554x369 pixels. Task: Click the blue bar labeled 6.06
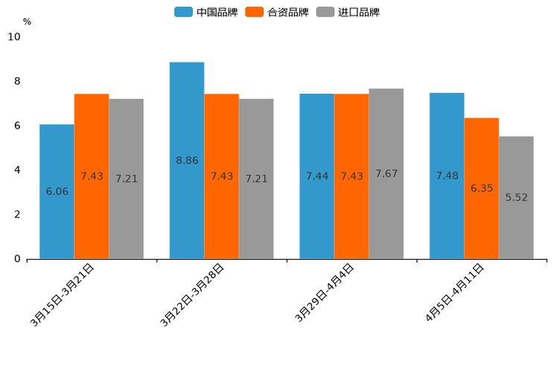point(57,191)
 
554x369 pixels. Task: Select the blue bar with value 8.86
point(186,160)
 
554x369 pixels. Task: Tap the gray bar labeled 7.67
point(386,173)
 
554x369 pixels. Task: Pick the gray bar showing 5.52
point(516,197)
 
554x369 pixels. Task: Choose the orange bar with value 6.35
point(481,188)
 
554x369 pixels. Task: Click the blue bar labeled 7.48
point(447,176)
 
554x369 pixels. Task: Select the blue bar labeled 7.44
point(316,176)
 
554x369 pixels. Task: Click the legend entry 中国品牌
point(206,12)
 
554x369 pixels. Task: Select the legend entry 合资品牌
point(277,12)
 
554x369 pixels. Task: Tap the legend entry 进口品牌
point(348,12)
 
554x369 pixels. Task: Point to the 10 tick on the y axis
point(14,36)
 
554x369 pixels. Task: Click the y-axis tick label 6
point(18,126)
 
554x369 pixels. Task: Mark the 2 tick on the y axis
point(18,214)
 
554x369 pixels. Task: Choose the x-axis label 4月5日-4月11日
point(455,292)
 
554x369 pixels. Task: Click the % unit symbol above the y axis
point(27,22)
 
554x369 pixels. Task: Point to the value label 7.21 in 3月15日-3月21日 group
point(127,179)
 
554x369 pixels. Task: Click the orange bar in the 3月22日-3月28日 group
point(221,176)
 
